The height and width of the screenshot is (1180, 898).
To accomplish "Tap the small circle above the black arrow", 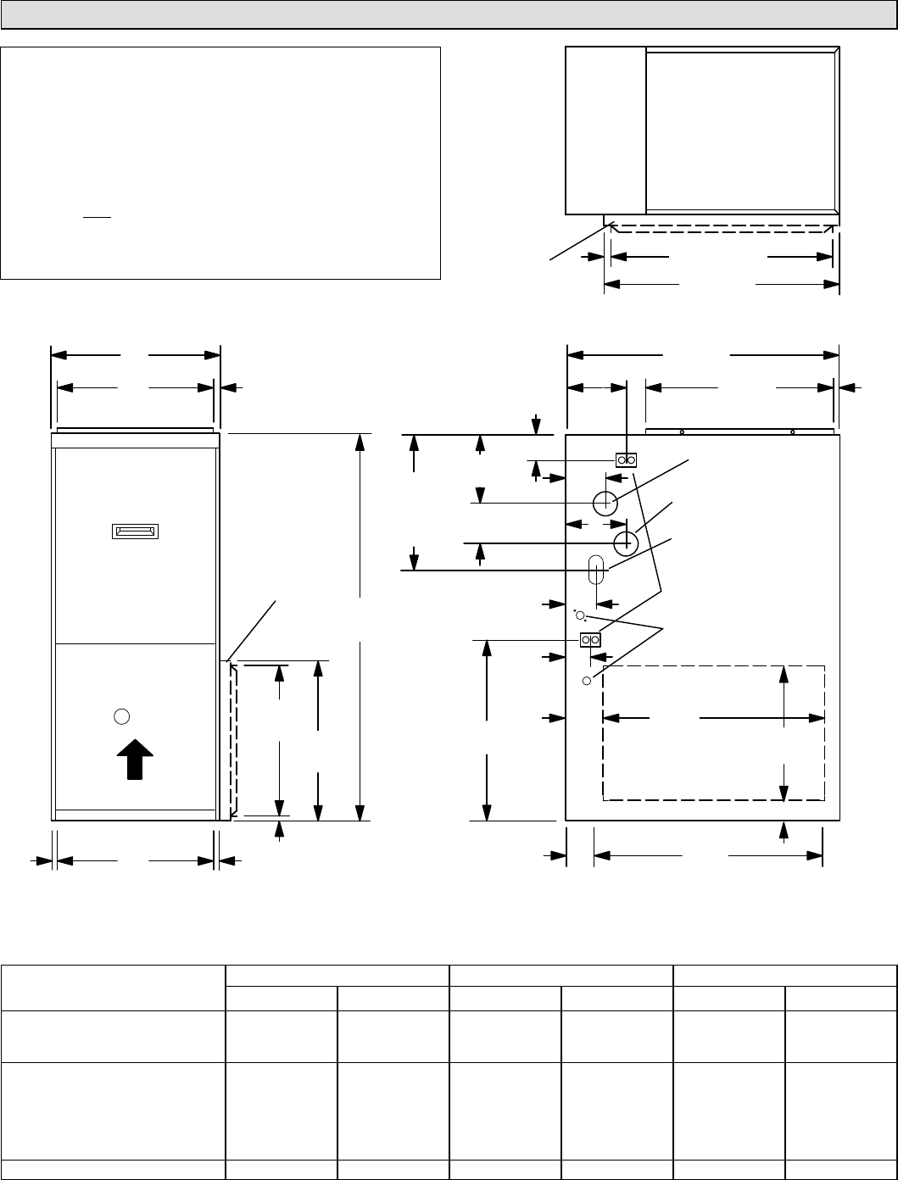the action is point(121,715).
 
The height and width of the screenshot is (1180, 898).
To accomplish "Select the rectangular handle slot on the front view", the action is point(136,532).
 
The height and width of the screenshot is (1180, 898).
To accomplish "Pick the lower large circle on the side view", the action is point(626,541).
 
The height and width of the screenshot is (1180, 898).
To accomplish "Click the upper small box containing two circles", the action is point(626,459).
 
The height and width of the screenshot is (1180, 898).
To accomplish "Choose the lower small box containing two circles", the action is point(590,639).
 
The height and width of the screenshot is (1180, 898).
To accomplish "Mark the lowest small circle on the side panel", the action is point(586,681).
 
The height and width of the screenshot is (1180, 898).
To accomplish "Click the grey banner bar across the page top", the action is point(449,14).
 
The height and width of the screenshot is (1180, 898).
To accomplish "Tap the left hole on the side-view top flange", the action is point(682,431).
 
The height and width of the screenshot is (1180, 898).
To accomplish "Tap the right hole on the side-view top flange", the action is point(793,431).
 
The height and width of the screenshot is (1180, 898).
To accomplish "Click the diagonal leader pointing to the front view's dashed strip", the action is point(253,628).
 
